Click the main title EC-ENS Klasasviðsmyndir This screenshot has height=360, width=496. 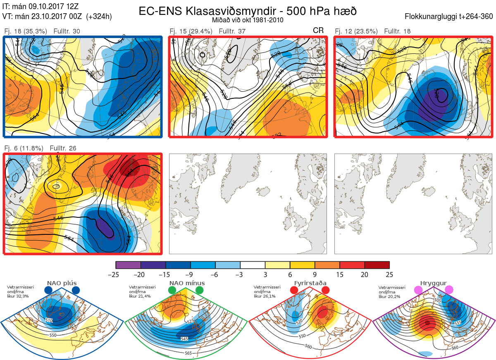pos(248,11)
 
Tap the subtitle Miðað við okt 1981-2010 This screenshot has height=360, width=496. pos(248,20)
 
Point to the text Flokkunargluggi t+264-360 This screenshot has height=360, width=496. pos(450,17)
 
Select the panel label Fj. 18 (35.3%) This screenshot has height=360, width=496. pos(25,31)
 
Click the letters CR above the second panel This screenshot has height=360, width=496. pos(318,31)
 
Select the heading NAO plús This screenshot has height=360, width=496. pos(62,284)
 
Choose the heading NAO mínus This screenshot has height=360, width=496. pos(187,284)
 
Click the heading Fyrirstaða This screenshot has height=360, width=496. pos(309,284)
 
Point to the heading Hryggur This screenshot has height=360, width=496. pos(434,284)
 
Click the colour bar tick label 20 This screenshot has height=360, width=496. pos(365,274)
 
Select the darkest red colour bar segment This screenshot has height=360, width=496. pos(377,265)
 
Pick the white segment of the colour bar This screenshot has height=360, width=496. pos(253,265)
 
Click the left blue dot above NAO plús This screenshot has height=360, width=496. pos(48,290)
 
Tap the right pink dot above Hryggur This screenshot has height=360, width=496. pos(449,290)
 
